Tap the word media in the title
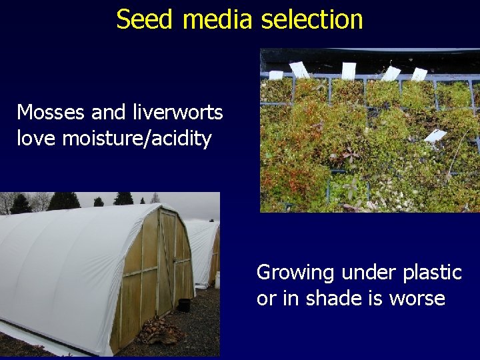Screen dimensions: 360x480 coord(217,19)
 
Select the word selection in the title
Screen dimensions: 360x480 coord(311,19)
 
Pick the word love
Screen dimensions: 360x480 coord(37,139)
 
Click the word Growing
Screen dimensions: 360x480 coord(295,273)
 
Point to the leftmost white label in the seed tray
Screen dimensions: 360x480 coord(299,69)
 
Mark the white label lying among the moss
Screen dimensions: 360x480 coord(435,136)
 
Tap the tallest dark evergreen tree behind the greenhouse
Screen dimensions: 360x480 coord(64,201)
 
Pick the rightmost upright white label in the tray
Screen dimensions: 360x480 coord(419,73)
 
